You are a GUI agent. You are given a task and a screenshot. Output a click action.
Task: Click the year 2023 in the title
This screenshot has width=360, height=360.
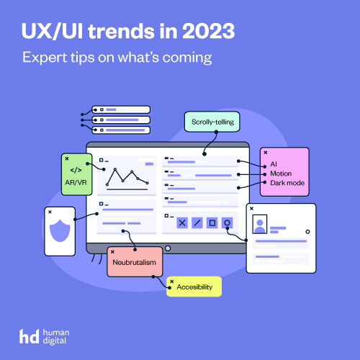point(208,31)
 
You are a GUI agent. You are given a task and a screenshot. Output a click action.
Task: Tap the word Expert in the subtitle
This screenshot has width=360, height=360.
point(45,58)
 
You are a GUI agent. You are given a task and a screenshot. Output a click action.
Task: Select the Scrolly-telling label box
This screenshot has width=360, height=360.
point(212,122)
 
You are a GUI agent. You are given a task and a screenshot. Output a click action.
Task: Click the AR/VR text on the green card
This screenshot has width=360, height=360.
point(76,182)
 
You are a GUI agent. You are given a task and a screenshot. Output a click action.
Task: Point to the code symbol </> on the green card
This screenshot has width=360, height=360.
point(76,170)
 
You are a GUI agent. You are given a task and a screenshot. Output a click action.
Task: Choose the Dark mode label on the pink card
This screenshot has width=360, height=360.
point(287,183)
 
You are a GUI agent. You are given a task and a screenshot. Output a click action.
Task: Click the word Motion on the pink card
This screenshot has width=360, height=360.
point(281,174)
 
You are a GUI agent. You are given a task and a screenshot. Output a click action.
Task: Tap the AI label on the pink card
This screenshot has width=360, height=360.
point(274,164)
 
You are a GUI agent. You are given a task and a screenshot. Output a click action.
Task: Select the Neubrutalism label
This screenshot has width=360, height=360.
point(135,262)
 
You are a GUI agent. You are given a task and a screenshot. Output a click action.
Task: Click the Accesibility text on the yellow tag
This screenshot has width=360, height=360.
point(194,287)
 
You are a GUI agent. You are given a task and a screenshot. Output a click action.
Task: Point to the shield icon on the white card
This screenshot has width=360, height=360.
point(60,230)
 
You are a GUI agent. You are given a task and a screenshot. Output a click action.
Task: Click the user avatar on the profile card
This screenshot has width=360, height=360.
point(260,224)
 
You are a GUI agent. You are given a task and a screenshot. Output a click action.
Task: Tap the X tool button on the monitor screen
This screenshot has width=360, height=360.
point(182,223)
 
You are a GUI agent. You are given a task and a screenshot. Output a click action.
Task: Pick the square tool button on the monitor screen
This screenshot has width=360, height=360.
point(212,223)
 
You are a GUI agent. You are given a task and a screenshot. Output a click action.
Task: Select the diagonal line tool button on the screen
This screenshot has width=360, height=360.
point(197,223)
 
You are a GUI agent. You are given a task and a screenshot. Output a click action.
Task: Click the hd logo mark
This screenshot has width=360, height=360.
point(29,336)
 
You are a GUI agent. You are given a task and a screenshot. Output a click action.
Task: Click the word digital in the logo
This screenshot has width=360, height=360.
point(55,341)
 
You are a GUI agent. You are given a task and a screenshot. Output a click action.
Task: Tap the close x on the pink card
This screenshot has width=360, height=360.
point(266,153)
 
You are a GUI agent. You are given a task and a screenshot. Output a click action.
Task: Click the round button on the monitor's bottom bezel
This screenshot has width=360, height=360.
point(168,248)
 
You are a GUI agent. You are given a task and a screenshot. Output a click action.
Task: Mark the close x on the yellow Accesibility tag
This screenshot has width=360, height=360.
point(172,282)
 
